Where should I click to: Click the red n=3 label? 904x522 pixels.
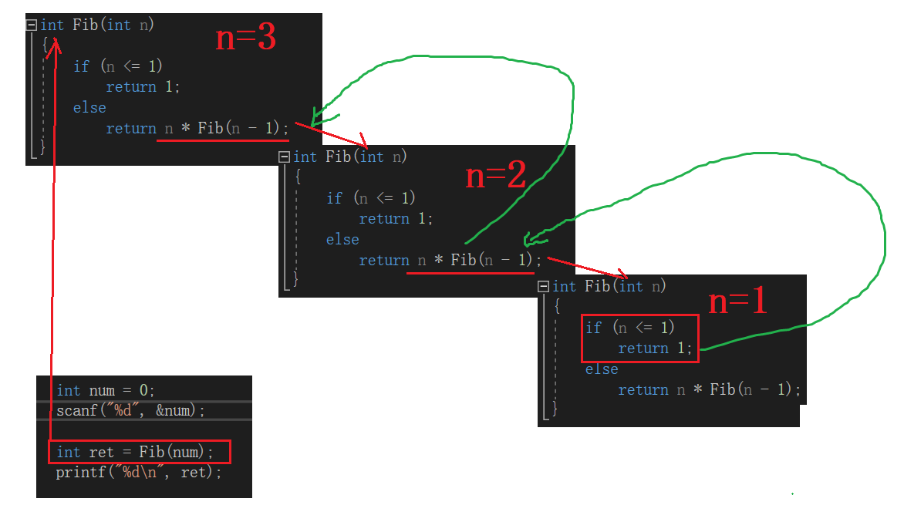pos(245,38)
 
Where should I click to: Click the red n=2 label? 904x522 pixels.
pos(495,177)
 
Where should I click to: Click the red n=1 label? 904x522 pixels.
pos(737,301)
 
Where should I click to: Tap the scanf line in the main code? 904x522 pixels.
pos(130,410)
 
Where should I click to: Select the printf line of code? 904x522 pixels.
pos(139,472)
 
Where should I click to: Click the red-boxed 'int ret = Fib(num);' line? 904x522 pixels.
pos(140,452)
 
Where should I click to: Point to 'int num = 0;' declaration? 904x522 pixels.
pos(106,390)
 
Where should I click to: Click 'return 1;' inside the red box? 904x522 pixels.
pos(655,349)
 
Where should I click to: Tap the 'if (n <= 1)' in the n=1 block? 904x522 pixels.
pos(630,328)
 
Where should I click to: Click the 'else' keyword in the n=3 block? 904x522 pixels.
pos(89,107)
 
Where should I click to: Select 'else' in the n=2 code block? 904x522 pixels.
pos(342,239)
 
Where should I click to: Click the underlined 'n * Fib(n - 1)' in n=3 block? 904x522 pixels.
pos(223,128)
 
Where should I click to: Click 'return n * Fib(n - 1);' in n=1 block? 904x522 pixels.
pos(709,389)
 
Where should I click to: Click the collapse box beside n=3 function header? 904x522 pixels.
pos(32,25)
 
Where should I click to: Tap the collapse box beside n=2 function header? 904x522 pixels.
pos(285,157)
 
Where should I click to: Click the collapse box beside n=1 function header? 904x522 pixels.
pos(544,286)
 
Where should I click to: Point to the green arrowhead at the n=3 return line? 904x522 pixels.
pos(318,118)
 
